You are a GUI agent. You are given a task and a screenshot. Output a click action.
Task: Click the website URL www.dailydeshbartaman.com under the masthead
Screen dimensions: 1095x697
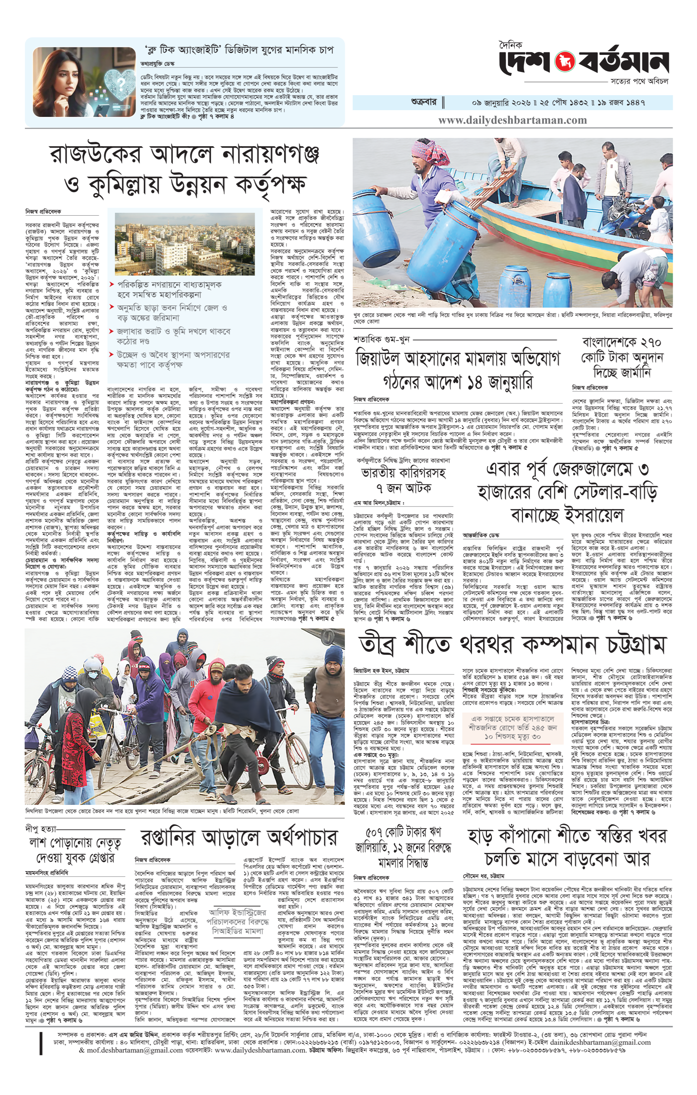pos(512,120)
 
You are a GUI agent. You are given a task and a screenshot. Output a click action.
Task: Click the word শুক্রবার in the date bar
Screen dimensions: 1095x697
pos(423,102)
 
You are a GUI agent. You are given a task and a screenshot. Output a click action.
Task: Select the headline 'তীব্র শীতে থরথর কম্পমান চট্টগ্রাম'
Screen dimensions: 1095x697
pos(512,644)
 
